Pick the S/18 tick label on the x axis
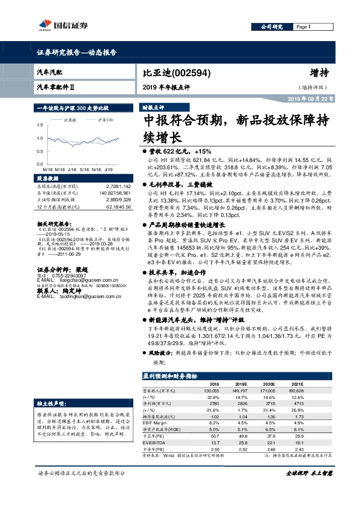coord(84,170)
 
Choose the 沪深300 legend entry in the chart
coord(105,120)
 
